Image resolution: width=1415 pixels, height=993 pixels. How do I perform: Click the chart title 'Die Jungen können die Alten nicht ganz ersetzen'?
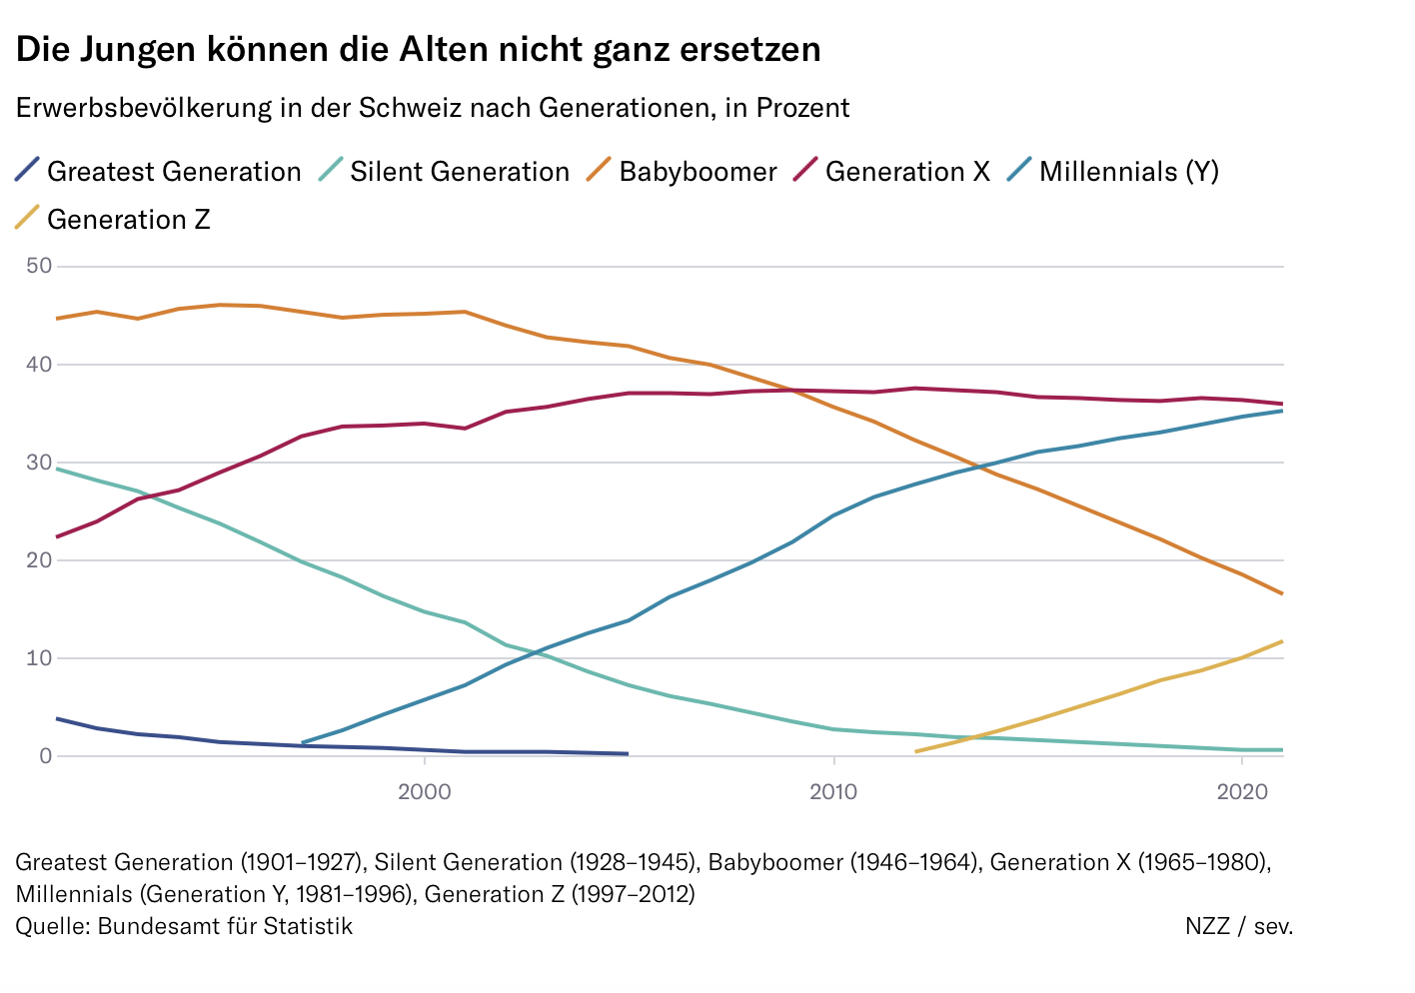coord(418,49)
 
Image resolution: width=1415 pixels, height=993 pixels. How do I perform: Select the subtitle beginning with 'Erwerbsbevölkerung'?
coord(432,108)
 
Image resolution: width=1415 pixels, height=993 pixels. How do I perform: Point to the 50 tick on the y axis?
coord(40,267)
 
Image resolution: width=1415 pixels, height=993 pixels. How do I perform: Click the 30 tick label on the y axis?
coord(40,463)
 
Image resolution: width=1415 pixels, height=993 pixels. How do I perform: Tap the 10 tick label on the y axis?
coord(40,658)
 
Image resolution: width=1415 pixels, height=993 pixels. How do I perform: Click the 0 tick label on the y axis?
coord(46,756)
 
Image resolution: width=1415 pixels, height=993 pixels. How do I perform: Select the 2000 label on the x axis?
coord(425,792)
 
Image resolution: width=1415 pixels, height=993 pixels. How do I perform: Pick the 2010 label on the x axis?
coord(833,792)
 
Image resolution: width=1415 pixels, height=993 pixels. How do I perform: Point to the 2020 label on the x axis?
coord(1241,792)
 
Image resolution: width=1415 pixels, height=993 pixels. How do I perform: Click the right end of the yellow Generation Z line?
coord(1281,641)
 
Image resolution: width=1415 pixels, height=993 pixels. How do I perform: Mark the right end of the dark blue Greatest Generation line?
coord(627,753)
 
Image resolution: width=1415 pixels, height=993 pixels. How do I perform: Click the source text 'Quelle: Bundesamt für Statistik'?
coord(184,926)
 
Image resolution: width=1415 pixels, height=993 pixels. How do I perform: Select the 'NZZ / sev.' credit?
coord(1238,926)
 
